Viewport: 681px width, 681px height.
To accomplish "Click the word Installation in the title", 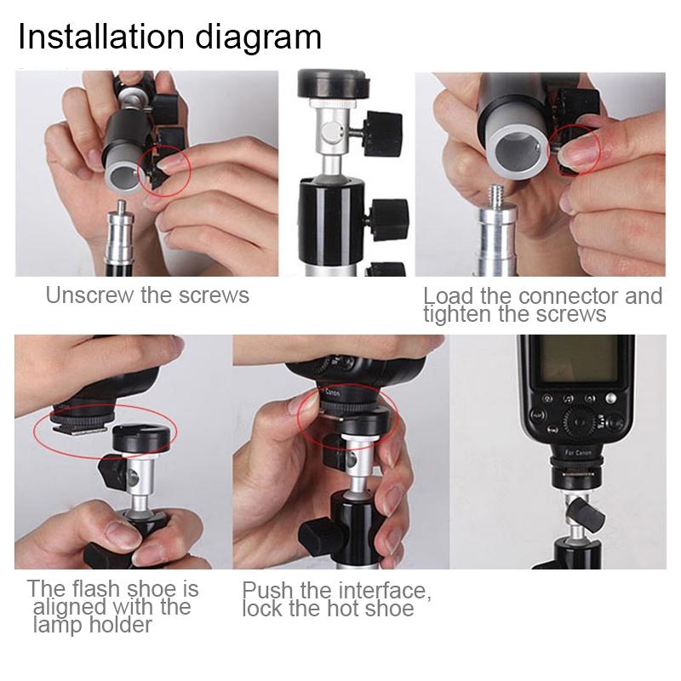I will pyautogui.click(x=94, y=37).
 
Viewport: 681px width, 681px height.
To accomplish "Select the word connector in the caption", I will pyautogui.click(x=577, y=296).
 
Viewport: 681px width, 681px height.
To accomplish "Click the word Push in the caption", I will pyautogui.click(x=266, y=591).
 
